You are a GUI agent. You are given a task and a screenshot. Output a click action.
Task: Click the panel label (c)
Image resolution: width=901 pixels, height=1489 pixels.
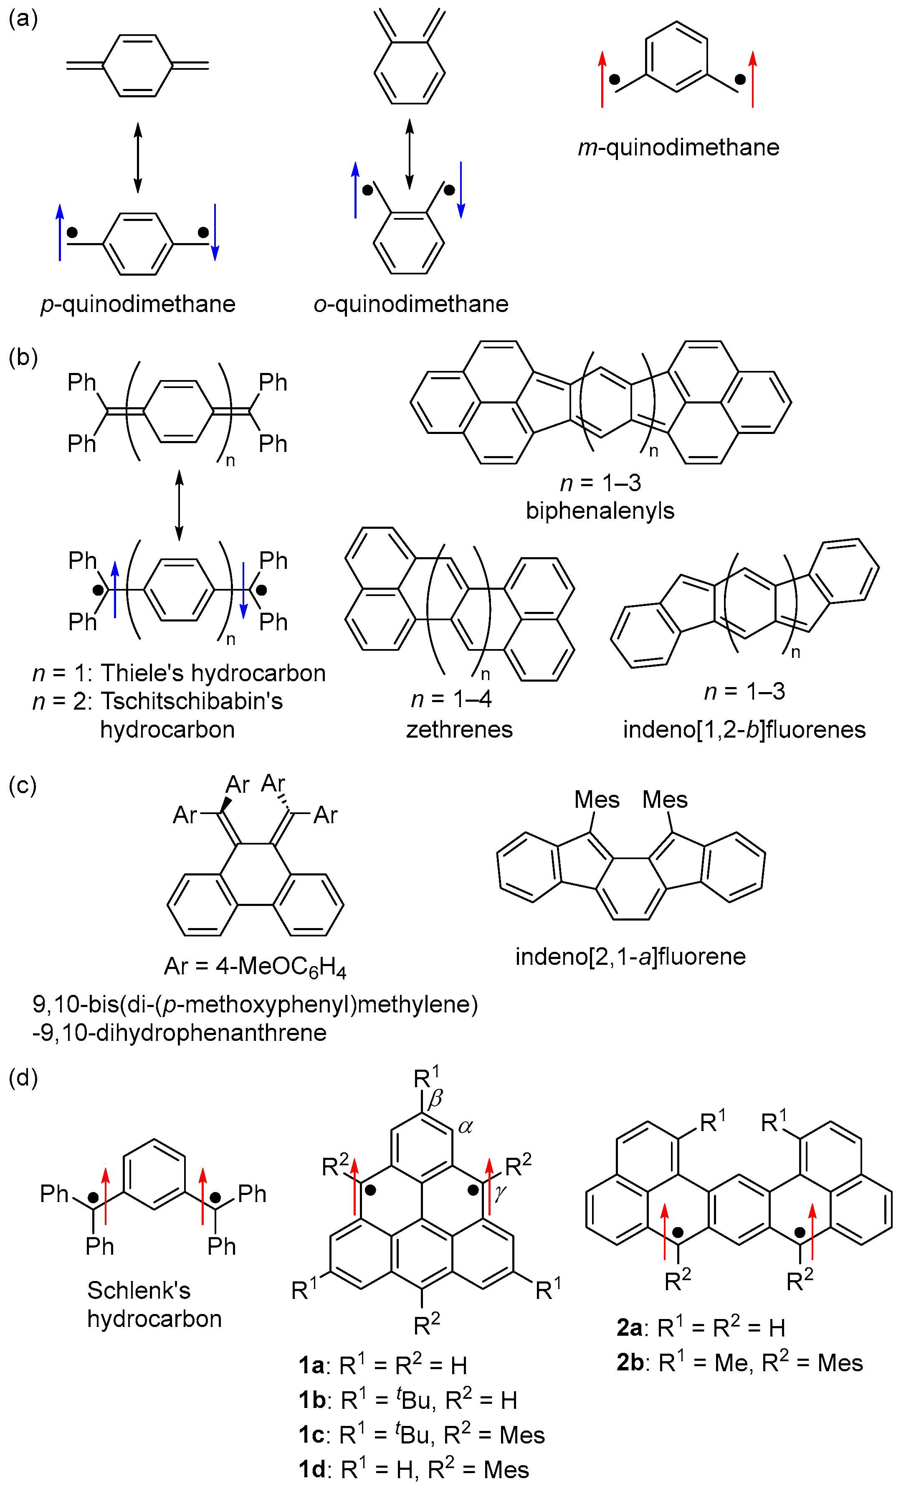pos(23,786)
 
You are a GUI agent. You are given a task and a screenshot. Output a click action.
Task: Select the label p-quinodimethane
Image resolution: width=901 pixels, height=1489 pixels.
pos(138,304)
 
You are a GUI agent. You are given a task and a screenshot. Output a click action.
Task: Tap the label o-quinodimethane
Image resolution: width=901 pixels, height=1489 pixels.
pos(411,304)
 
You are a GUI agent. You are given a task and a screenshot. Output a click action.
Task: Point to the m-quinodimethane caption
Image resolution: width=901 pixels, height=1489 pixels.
pos(678,147)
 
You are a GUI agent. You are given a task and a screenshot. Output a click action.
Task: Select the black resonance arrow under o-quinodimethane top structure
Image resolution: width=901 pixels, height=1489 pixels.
pos(410,154)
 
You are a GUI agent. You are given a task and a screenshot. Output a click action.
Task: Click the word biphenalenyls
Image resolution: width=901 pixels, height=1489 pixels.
pos(600,511)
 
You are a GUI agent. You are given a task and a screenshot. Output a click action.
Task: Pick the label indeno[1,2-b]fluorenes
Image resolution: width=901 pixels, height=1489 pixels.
pos(744,729)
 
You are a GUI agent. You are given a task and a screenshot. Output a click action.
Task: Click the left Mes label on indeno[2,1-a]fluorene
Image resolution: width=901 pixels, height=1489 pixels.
pos(597,799)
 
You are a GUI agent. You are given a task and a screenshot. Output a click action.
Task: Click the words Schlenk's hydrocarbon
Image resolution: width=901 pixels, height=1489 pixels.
pos(154,1304)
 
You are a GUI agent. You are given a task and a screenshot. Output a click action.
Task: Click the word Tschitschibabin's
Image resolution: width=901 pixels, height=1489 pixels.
pos(192,701)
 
